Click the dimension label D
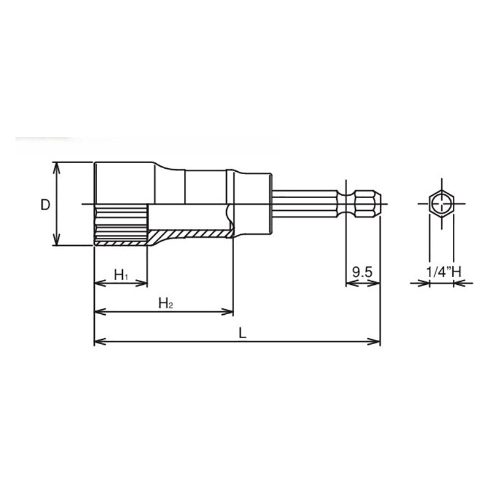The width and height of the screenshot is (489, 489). tap(45, 205)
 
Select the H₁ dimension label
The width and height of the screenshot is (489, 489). tap(121, 274)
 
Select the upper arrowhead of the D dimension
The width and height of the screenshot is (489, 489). tap(57, 166)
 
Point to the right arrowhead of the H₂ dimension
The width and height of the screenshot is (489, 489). tap(229, 312)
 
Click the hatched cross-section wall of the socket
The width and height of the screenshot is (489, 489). tap(189, 234)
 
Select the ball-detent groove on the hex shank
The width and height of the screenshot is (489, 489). tap(350, 204)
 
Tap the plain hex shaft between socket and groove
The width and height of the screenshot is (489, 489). tap(306, 204)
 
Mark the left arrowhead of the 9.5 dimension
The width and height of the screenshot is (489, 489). tap(350, 284)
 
